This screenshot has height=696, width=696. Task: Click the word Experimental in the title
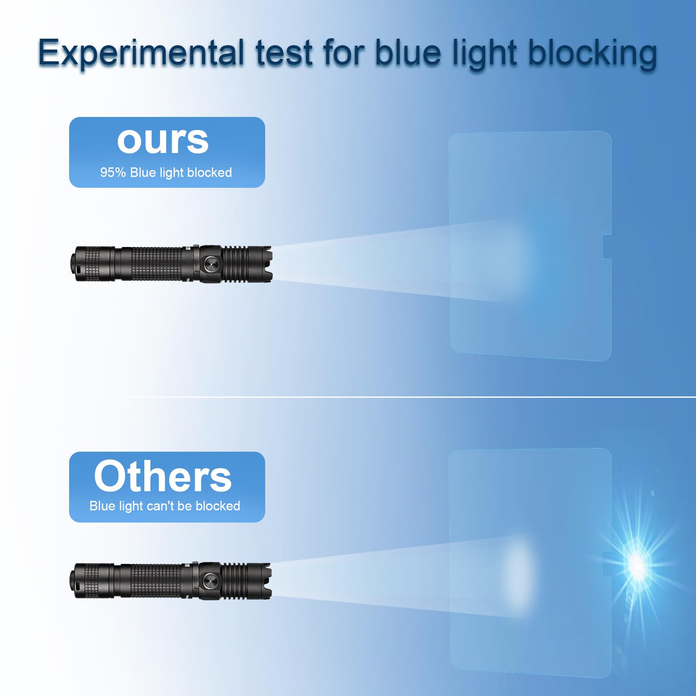click(141, 53)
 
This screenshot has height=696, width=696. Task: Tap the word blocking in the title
click(592, 53)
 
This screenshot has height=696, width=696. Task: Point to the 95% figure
click(113, 173)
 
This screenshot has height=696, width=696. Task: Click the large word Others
click(163, 476)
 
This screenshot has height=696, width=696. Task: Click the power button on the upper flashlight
click(211, 263)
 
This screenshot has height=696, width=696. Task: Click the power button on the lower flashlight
click(210, 580)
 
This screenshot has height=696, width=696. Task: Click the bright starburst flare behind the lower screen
click(637, 564)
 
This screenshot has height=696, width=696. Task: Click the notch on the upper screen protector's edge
click(606, 247)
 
